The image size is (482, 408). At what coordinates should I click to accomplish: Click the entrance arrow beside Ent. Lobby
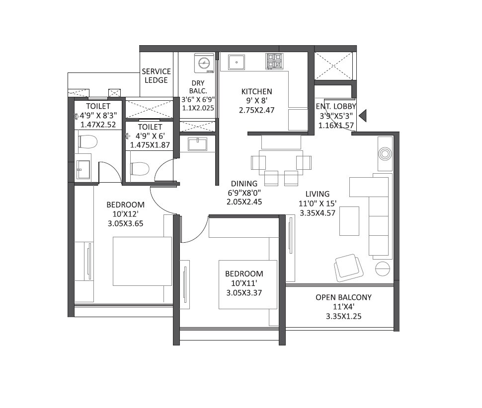363,116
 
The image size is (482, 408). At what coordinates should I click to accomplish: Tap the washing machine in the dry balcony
204,63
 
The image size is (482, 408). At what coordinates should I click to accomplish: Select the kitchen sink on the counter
237,63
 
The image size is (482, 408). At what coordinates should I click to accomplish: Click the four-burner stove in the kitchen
274,61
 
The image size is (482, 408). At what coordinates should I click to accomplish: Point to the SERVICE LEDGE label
156,75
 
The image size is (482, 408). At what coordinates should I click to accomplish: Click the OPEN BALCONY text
343,297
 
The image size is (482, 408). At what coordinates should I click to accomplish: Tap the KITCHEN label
256,91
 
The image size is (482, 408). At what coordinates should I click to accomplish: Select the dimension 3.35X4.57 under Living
318,212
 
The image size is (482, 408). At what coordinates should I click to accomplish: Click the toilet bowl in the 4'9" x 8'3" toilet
87,142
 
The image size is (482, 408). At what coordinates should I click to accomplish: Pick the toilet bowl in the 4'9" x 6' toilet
140,169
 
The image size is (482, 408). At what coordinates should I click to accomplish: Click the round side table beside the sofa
383,269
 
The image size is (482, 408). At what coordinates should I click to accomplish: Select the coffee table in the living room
349,221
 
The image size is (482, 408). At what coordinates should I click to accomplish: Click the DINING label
243,183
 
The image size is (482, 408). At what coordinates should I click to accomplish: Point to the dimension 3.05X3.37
243,293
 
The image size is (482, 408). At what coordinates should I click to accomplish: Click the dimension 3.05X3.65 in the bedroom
126,223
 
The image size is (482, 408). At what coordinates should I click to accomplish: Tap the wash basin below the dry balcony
198,144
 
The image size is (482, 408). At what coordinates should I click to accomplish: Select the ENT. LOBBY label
336,106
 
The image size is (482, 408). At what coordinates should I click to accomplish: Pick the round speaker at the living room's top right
385,153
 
